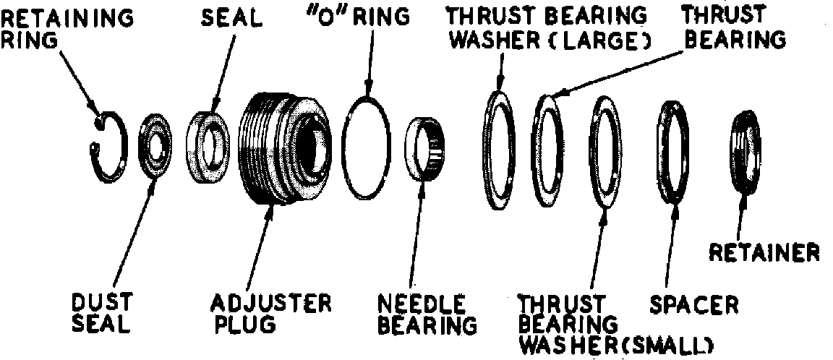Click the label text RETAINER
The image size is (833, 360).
(x=764, y=252)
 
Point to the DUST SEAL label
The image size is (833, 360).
(x=101, y=312)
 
